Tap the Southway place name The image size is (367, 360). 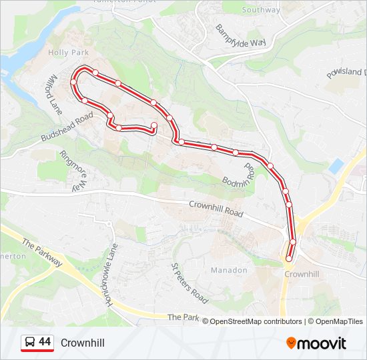[x=261, y=10]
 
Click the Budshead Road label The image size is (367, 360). [x=66, y=127]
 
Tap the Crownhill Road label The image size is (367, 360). [x=216, y=208]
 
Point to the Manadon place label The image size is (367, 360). [x=229, y=271]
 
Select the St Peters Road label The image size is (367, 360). [x=190, y=282]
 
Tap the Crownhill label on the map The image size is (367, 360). [x=299, y=274]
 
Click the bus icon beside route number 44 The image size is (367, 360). [x=29, y=343]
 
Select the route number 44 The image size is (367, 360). [x=45, y=342]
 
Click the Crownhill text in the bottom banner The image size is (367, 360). [x=82, y=343]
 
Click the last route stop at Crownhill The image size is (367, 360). [x=289, y=259]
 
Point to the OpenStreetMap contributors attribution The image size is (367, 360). [x=256, y=321]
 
